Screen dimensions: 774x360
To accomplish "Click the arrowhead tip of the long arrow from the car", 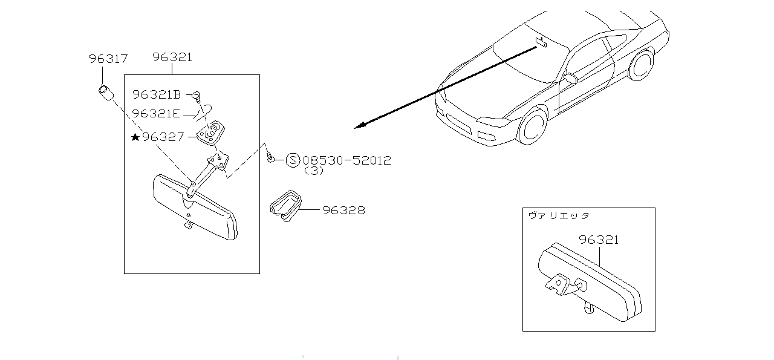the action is pos(354,129).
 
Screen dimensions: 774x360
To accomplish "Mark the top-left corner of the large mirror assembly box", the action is pos(125,74).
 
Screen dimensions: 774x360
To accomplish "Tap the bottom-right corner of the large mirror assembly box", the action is pos(260,274).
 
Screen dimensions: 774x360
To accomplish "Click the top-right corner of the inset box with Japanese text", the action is pos(655,208).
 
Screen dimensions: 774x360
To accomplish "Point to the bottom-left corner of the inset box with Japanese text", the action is pos(523,332).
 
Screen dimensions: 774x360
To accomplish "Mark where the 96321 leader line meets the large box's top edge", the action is pos(172,74).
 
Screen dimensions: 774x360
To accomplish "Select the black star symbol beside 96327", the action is pos(135,137).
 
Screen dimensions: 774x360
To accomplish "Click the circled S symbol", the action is pos(293,160).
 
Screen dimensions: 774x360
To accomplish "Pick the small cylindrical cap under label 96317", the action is pos(106,93).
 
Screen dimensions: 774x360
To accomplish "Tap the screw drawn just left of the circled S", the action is pos(270,157).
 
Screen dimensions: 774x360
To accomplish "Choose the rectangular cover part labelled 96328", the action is pos(285,206).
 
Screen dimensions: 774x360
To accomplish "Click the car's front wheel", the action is pos(533,127).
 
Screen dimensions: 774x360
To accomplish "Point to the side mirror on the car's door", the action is pos(570,78).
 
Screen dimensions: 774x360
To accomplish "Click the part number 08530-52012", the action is pos(347,160).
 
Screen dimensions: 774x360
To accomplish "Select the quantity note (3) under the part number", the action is pos(314,171).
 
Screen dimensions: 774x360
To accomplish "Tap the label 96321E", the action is pos(156,113).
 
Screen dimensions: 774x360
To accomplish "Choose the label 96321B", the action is pos(157,94).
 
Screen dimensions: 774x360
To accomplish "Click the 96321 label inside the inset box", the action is pos(599,240).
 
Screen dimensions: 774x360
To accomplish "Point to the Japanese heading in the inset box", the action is pos(559,216).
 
